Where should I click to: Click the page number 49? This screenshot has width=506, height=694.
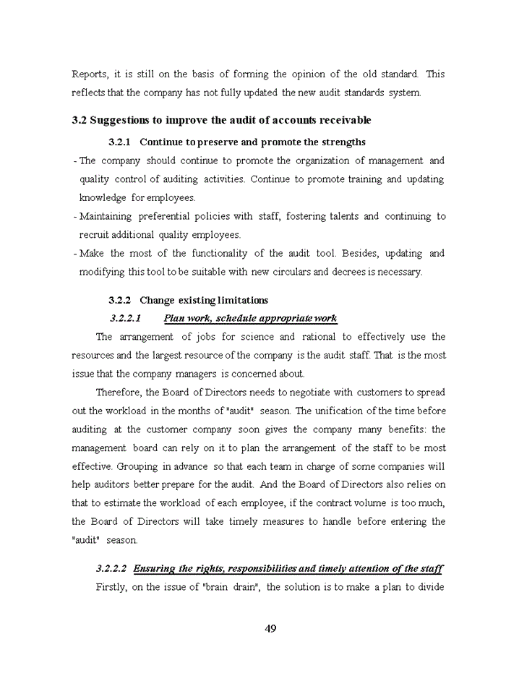(x=270, y=628)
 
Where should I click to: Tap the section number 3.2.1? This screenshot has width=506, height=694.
(x=119, y=142)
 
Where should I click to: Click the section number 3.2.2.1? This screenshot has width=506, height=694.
(x=126, y=319)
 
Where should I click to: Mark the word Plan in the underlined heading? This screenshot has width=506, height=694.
(x=174, y=319)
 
